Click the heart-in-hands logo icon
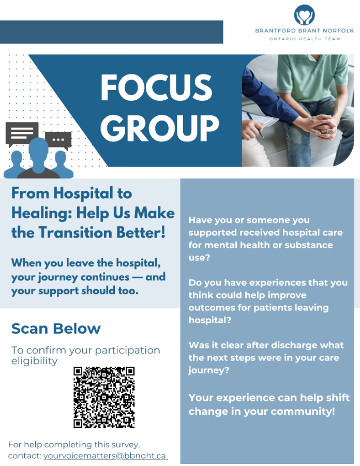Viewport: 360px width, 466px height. [304, 15]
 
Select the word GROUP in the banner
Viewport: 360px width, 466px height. [160, 128]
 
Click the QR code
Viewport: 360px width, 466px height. [104, 397]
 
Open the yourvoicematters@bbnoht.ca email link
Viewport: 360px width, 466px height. [105, 456]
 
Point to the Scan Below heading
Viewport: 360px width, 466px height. [56, 328]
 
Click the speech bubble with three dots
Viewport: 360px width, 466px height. [58, 140]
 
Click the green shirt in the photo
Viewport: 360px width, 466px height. [312, 77]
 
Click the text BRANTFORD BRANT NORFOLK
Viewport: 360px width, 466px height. [305, 31]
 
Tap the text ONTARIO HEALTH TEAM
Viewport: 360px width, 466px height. [305, 39]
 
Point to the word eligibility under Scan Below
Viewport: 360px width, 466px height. [35, 361]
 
